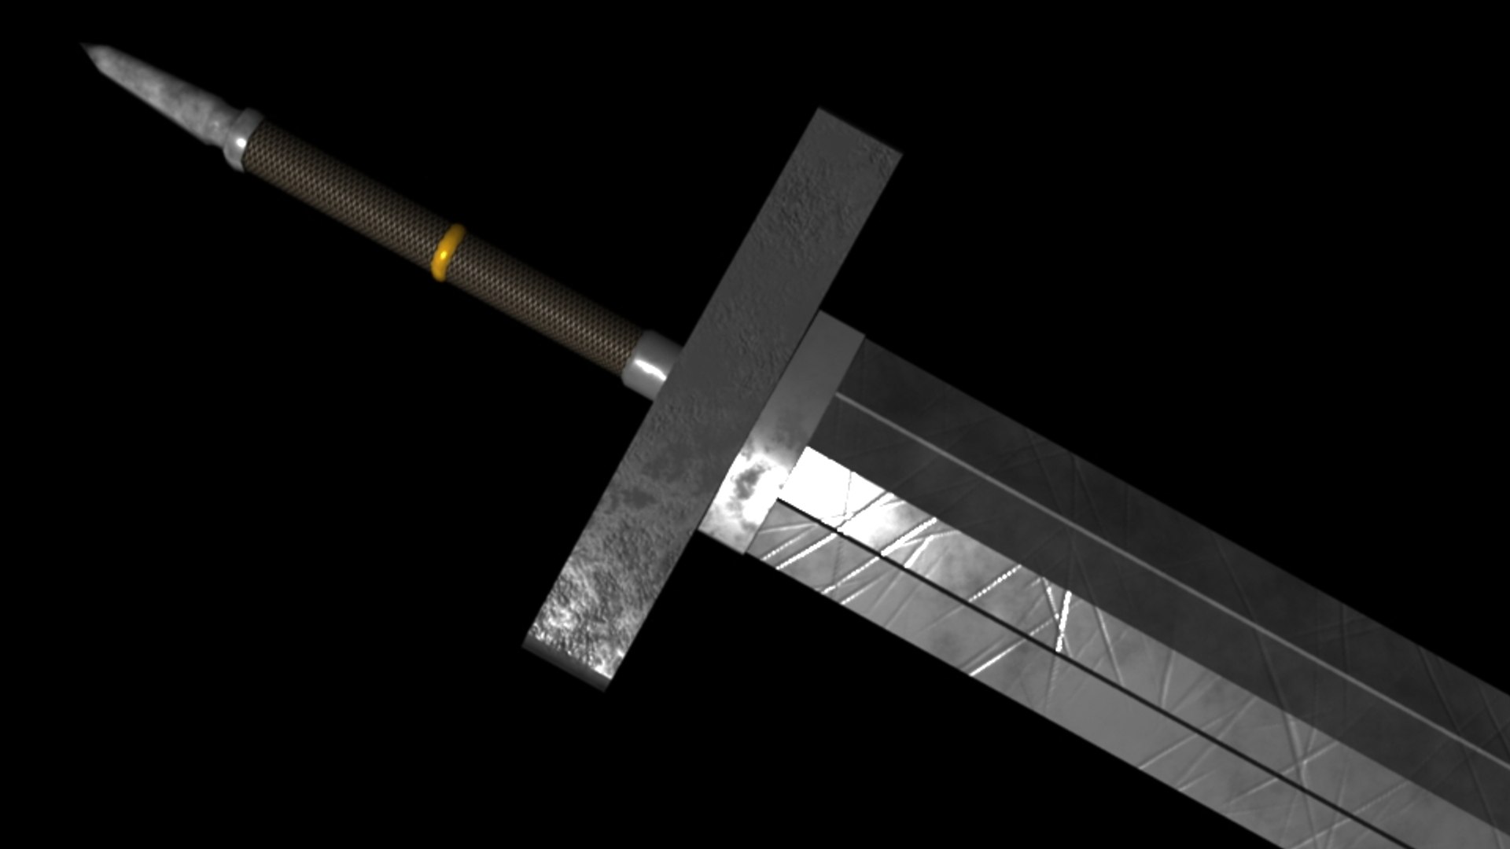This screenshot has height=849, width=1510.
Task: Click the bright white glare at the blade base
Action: [x=818, y=480]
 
